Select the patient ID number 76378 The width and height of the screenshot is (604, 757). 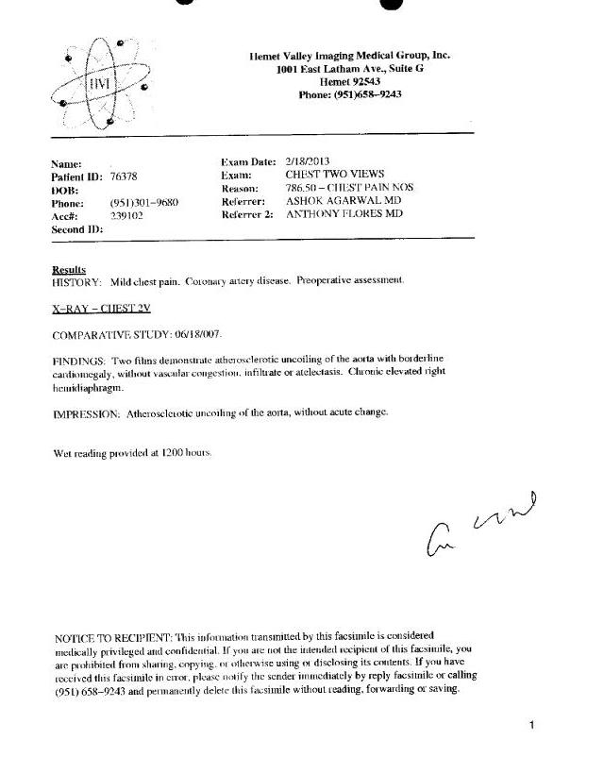124,176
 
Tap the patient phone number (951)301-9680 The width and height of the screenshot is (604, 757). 144,203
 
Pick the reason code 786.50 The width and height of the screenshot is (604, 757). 301,188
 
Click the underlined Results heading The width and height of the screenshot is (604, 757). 68,270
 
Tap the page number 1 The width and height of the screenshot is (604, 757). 532,725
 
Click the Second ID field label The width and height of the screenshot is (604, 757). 76,229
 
